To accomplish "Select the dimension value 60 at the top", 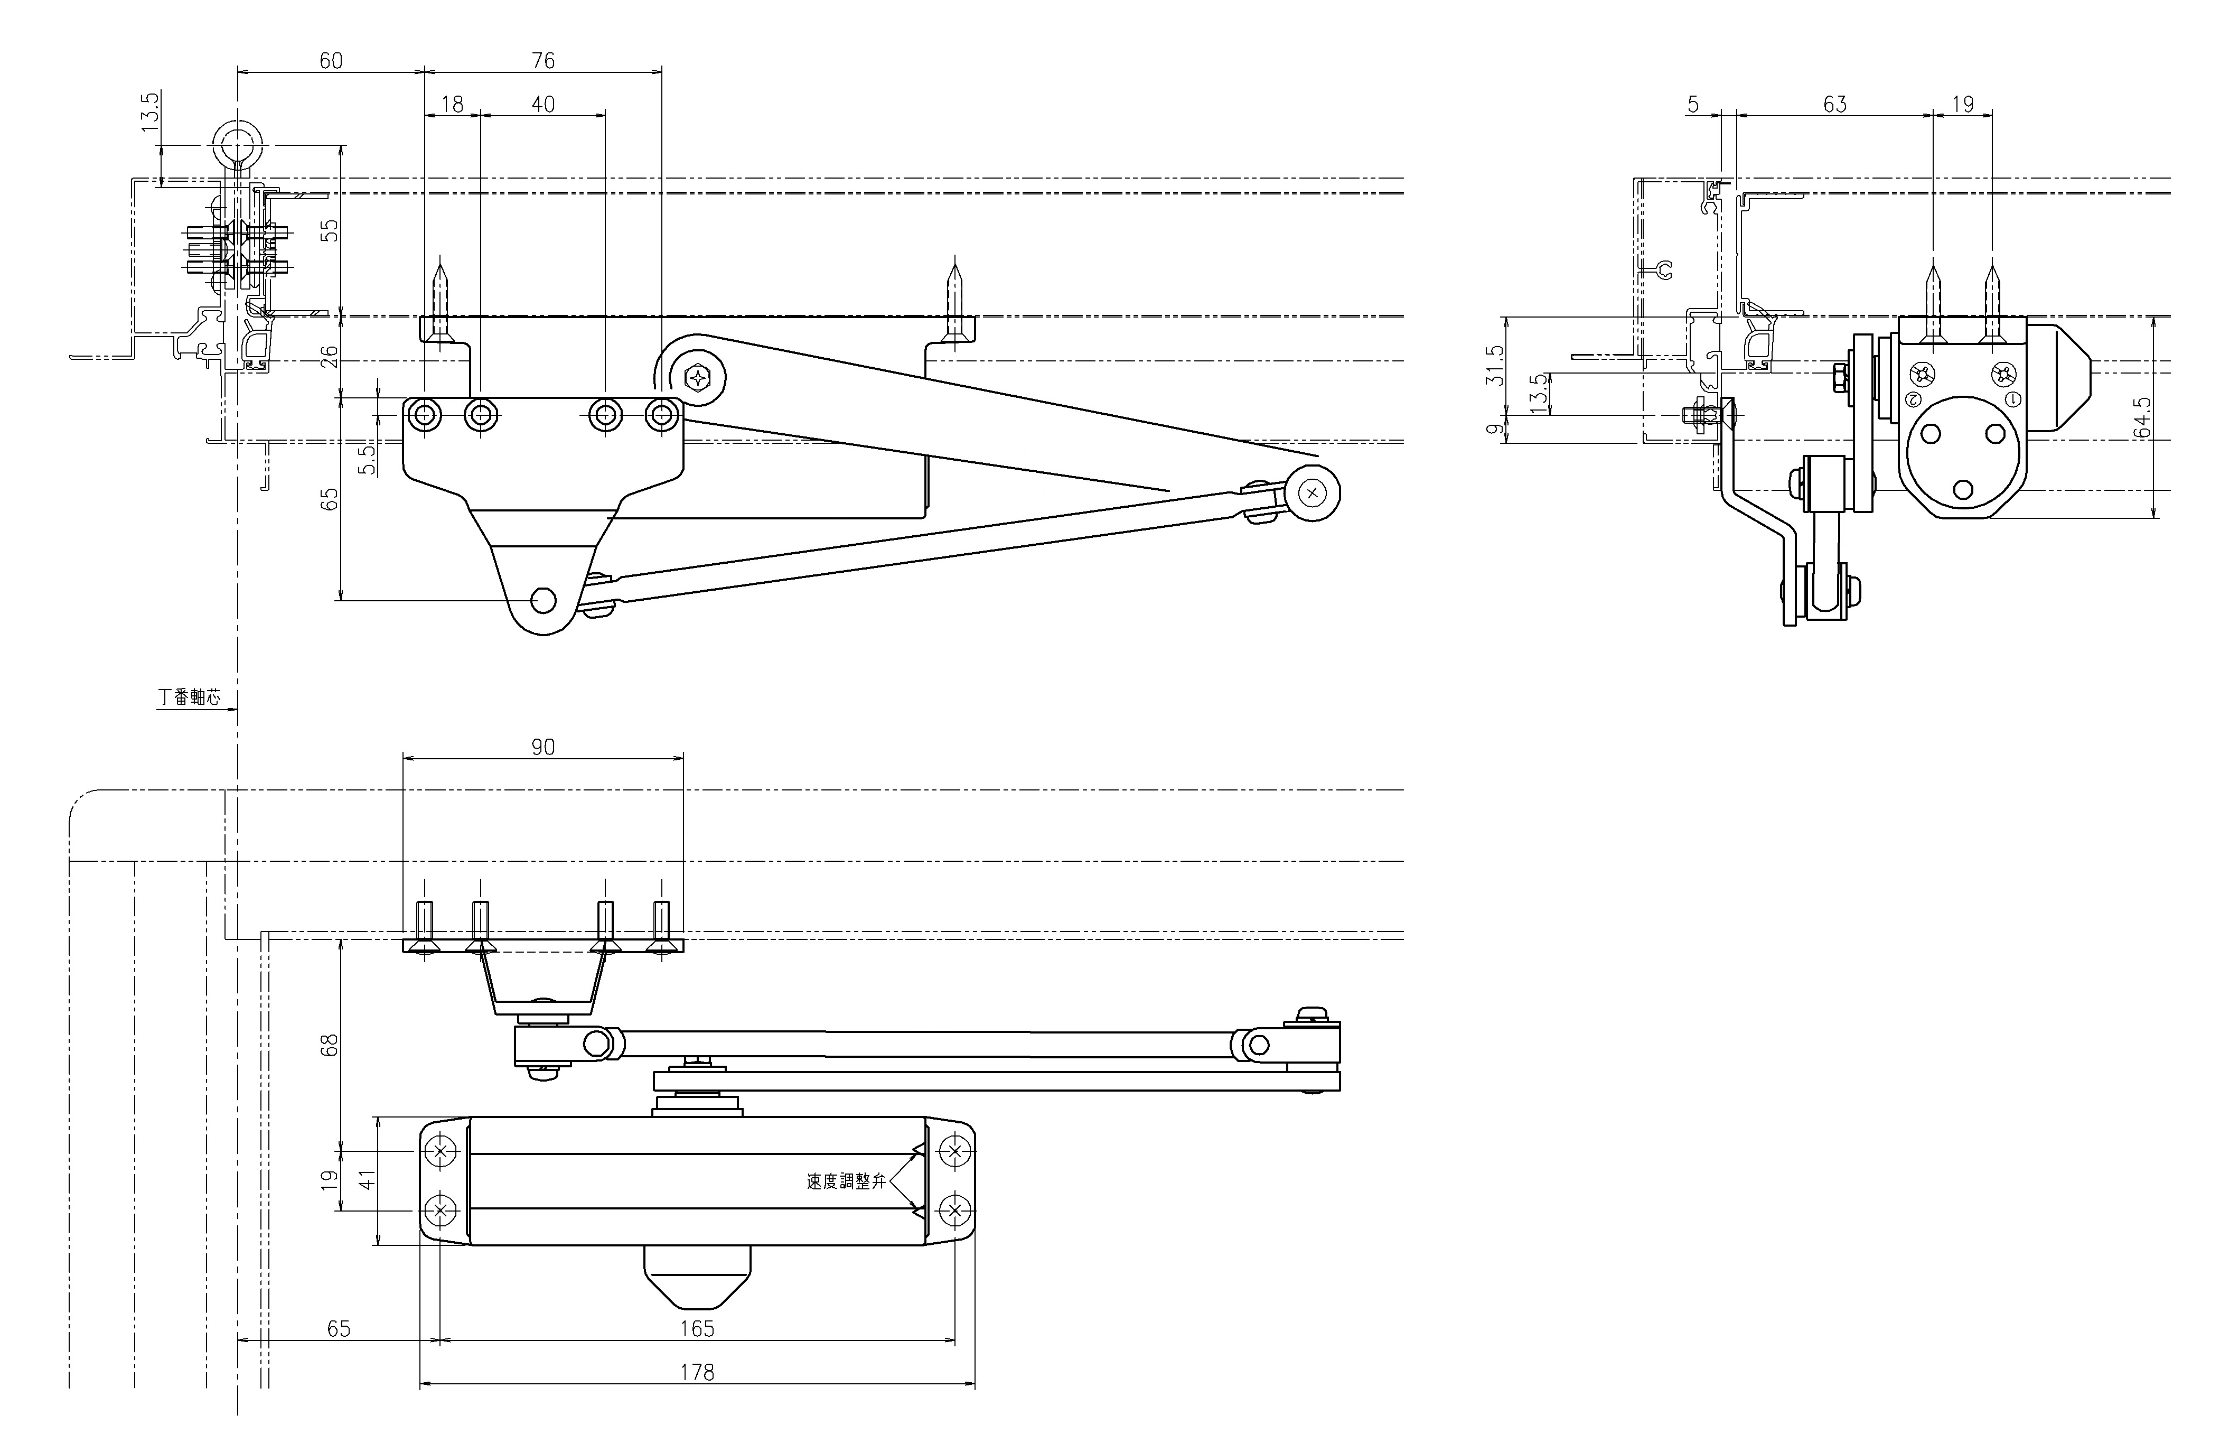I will point(331,61).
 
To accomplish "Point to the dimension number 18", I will point(452,104).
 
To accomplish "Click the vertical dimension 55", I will point(330,231).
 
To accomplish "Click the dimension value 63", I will point(1834,104).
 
